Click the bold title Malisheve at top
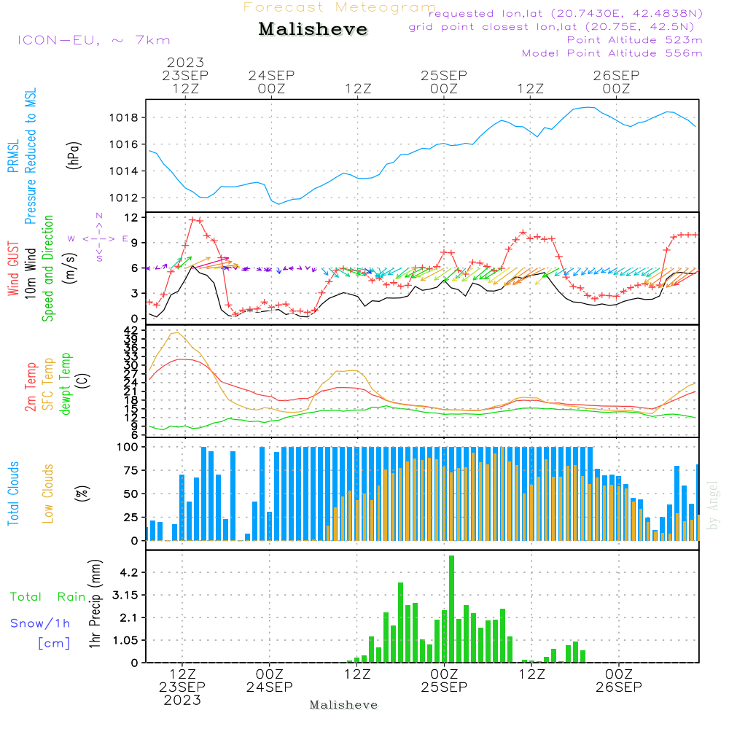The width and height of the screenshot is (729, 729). pos(313,30)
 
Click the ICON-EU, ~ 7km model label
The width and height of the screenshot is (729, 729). pos(93,41)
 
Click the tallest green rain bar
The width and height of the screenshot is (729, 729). pos(451,609)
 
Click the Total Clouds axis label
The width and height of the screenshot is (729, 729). pos(14,494)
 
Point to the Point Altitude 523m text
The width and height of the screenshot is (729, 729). pos(634,40)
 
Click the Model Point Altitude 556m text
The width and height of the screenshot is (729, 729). pos(612,53)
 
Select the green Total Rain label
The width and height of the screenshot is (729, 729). pos(48,597)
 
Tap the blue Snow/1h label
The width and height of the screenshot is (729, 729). pos(41,623)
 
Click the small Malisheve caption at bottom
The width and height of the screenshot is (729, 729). pos(343,705)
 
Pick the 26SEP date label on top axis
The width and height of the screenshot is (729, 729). pos(616,75)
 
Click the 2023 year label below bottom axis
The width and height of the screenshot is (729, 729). pos(182,701)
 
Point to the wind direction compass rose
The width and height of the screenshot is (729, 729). pos(98,238)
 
